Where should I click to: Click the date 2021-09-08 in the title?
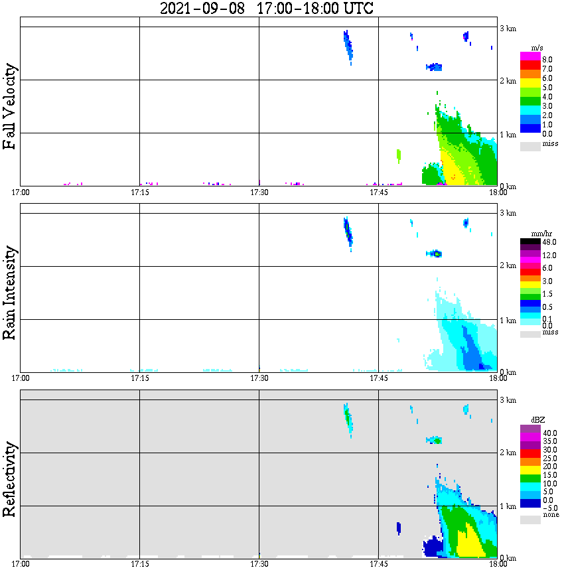202,8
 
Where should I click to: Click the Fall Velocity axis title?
9,106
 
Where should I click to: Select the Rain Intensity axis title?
9,293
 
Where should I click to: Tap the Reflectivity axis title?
9,479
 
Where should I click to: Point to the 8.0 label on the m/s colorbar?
547,60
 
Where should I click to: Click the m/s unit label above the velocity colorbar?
537,48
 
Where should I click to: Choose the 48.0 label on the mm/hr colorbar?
549,242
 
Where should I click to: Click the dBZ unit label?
537,419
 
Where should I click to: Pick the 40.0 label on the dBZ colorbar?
549,433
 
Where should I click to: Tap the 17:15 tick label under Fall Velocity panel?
139,192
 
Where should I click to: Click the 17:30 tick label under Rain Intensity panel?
259,378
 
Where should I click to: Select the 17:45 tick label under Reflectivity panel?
378,563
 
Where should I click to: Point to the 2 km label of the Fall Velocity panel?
508,81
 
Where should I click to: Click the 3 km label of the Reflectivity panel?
508,400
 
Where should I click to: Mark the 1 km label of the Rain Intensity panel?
508,321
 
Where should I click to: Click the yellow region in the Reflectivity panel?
470,543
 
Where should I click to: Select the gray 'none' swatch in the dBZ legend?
530,520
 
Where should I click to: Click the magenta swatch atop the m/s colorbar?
530,56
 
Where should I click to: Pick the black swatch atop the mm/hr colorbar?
530,242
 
